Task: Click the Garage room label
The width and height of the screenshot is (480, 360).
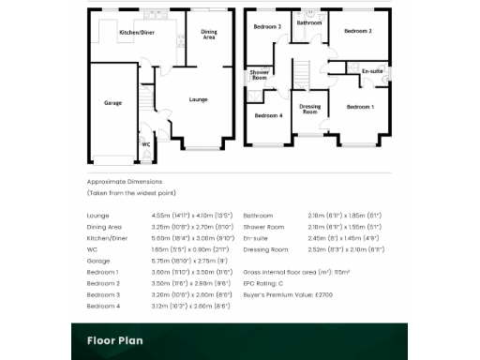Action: [x=112, y=103]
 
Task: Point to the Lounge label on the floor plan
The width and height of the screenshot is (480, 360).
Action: [x=198, y=98]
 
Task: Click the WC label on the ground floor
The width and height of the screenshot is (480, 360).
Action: [x=146, y=144]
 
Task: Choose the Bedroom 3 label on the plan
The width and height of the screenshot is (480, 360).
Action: [x=267, y=27]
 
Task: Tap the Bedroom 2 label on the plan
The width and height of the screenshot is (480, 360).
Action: [x=357, y=32]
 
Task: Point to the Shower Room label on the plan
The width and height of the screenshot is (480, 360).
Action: [x=259, y=76]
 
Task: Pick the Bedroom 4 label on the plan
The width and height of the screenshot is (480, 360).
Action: [x=268, y=115]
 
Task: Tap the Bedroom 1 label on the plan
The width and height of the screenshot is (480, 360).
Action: [x=360, y=107]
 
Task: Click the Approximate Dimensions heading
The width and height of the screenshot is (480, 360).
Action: [x=125, y=180]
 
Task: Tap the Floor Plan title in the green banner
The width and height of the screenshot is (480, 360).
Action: [x=115, y=341]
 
